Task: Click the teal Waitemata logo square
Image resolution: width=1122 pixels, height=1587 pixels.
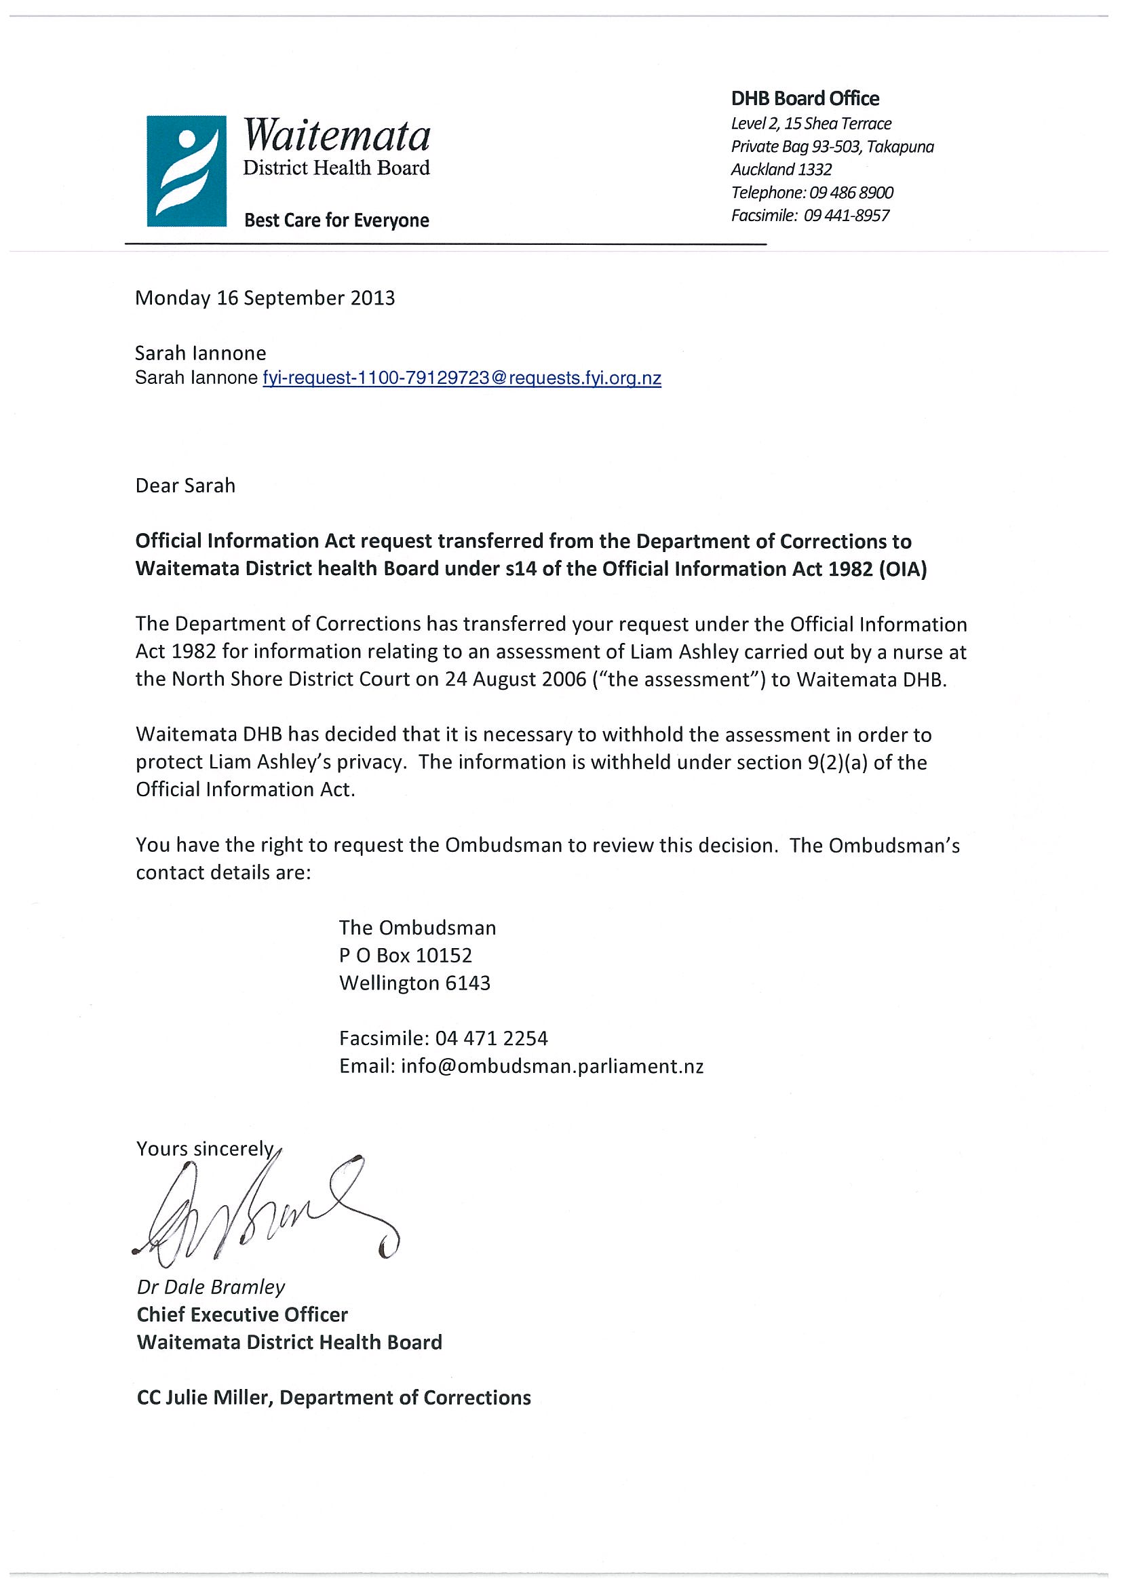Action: (187, 171)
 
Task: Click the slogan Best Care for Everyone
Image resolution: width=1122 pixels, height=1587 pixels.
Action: (336, 220)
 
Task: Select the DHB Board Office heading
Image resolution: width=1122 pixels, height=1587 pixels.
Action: (805, 99)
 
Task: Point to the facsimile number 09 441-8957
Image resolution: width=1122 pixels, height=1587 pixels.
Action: (847, 216)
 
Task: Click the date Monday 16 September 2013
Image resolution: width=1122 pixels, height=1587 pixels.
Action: (265, 298)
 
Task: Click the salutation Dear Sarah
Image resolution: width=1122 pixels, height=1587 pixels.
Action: (185, 485)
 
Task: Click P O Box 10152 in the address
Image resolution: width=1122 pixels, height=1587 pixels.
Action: (405, 955)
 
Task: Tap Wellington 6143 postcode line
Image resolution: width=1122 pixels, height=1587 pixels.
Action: (414, 983)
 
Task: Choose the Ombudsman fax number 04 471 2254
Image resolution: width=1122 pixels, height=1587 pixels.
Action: (491, 1038)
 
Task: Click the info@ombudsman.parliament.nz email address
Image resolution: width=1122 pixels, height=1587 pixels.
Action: (552, 1066)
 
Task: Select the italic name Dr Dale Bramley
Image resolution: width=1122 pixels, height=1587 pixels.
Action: (211, 1287)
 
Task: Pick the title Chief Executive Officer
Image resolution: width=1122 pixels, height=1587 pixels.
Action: (242, 1314)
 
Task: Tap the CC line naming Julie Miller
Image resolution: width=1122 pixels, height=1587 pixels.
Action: (334, 1398)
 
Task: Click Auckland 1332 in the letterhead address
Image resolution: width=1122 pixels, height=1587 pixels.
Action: (781, 170)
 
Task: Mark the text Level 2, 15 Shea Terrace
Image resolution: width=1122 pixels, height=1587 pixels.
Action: (811, 123)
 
